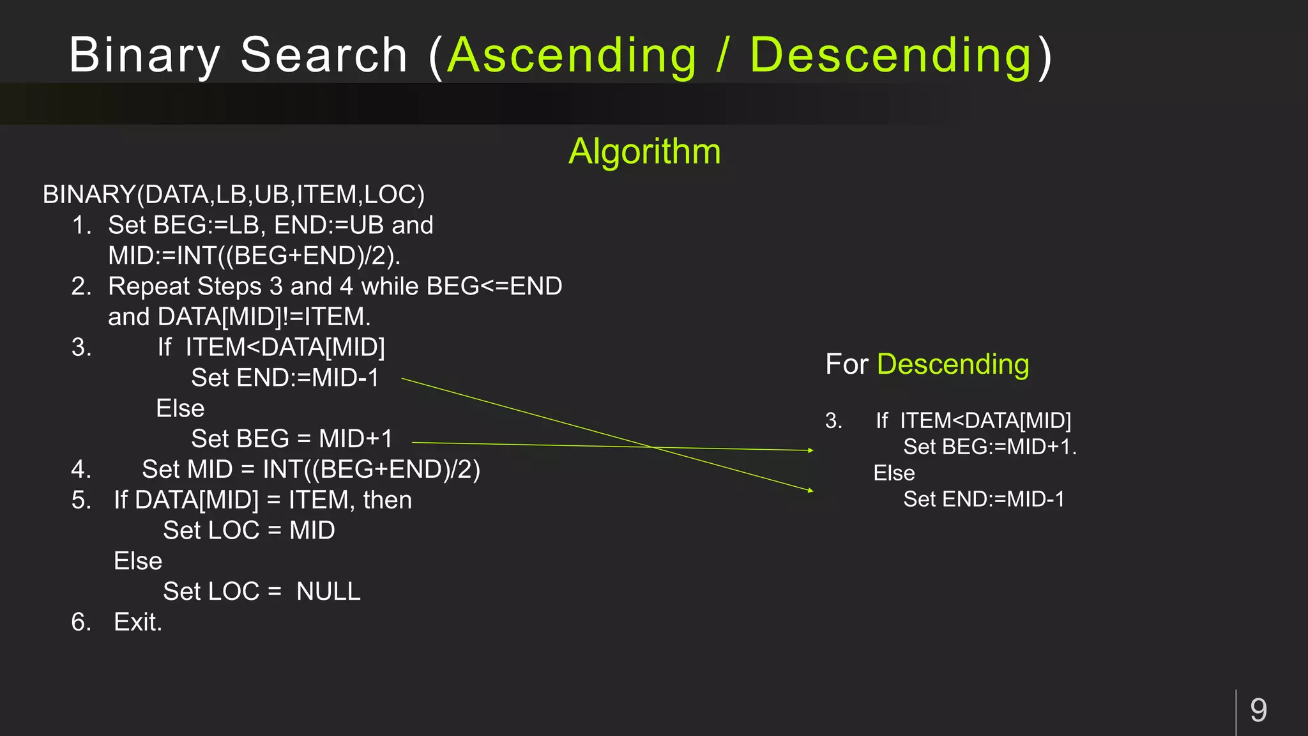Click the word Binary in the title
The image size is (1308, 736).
[x=144, y=56]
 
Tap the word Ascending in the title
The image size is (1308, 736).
[x=572, y=56]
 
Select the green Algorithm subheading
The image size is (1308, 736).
[x=644, y=152]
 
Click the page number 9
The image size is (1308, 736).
[x=1258, y=710]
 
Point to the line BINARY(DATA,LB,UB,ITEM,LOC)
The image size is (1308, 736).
[x=234, y=195]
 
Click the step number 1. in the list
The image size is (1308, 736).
[x=82, y=226]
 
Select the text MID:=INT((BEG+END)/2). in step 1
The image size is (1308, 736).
[x=254, y=256]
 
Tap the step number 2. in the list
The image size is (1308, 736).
[x=82, y=287]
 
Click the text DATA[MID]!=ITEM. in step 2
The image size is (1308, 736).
[x=264, y=318]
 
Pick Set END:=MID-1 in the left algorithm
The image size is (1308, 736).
[x=285, y=378]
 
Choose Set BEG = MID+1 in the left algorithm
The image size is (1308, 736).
[x=292, y=440]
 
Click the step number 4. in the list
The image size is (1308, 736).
[x=82, y=470]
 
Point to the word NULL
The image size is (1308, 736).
[x=328, y=592]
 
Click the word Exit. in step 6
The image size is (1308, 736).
[x=138, y=622]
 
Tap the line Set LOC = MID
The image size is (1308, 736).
[x=249, y=531]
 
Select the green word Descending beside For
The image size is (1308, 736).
[x=953, y=365]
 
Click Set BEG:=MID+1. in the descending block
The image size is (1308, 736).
[x=990, y=447]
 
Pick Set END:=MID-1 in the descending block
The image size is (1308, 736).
[x=984, y=500]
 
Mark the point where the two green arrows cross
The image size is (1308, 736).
[x=653, y=447]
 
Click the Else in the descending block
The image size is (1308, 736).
[x=894, y=473]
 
